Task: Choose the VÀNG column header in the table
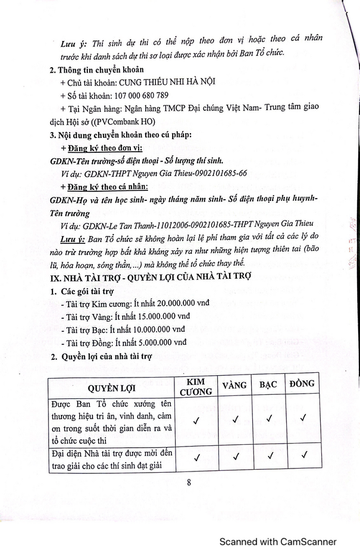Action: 234,385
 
